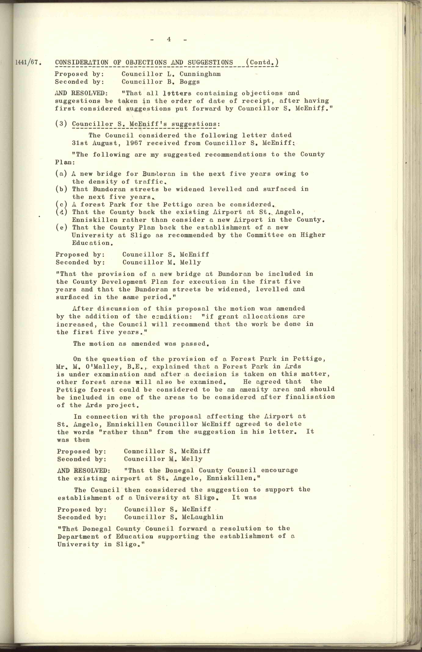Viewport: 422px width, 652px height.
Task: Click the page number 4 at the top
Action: [x=169, y=39]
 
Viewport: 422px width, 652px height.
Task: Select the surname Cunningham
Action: [x=200, y=74]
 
